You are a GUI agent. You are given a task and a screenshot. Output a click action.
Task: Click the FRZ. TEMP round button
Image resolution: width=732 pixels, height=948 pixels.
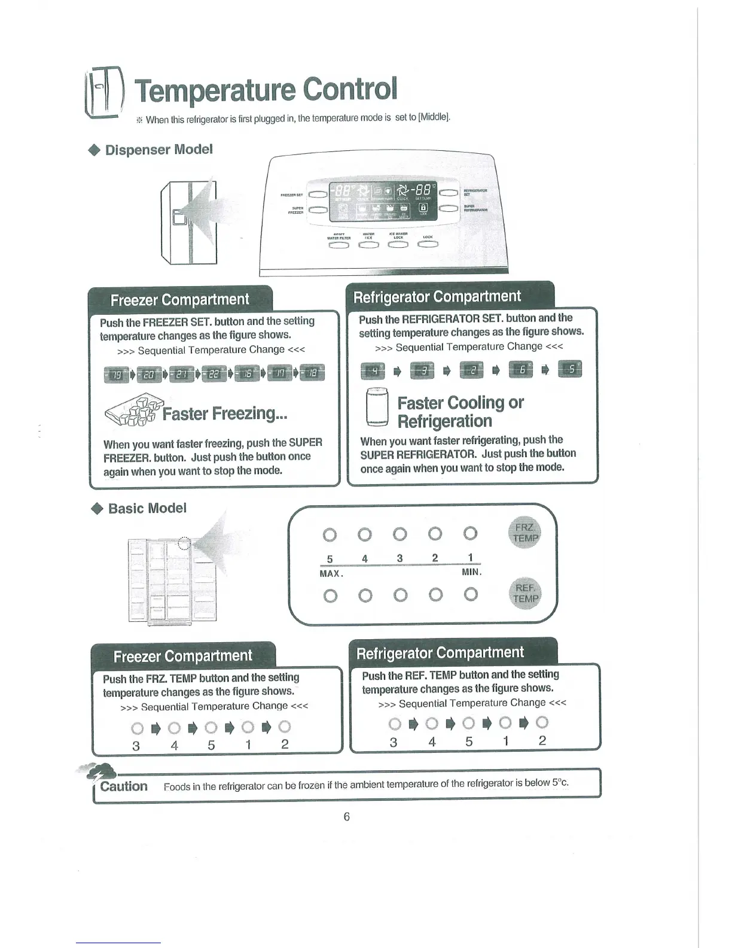point(525,532)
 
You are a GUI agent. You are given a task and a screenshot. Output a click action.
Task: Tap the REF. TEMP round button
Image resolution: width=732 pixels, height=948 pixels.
point(525,593)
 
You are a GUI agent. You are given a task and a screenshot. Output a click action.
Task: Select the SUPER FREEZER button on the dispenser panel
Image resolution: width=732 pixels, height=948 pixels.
point(317,209)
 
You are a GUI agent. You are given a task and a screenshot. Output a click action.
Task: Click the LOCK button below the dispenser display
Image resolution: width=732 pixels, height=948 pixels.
point(428,244)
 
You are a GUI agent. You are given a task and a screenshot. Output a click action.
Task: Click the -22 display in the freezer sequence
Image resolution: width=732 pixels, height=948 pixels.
point(213,373)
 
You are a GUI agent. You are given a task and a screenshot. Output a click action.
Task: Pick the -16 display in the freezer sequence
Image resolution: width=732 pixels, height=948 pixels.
point(246,373)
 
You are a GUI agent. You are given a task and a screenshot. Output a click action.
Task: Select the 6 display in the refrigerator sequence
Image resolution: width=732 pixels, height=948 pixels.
point(520,370)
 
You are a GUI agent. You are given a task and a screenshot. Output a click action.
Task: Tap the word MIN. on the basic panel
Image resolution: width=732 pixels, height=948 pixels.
point(471,572)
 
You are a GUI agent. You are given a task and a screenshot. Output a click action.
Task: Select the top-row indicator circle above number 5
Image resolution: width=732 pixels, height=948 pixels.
point(330,534)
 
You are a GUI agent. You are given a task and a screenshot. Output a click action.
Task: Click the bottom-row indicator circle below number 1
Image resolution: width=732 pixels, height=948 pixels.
point(471,594)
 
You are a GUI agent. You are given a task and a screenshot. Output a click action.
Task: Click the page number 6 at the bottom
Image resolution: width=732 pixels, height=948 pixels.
point(346,816)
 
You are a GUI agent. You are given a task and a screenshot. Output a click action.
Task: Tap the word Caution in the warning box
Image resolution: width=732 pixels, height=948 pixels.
point(124,786)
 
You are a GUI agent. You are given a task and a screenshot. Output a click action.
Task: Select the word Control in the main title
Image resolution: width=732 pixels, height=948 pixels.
point(349,89)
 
